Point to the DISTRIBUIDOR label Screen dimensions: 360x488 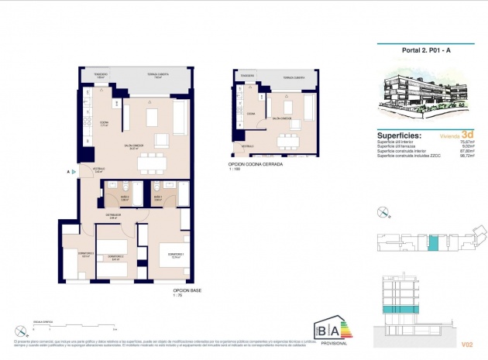coord(112,218)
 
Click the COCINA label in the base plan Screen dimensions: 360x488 coord(104,124)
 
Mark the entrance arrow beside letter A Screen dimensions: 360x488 coord(74,171)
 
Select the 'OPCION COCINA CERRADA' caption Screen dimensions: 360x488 coord(256,165)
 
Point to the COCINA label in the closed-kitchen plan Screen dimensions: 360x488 coord(251,113)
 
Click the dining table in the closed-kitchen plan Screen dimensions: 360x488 coord(288,140)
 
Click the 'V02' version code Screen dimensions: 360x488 coord(466,344)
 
